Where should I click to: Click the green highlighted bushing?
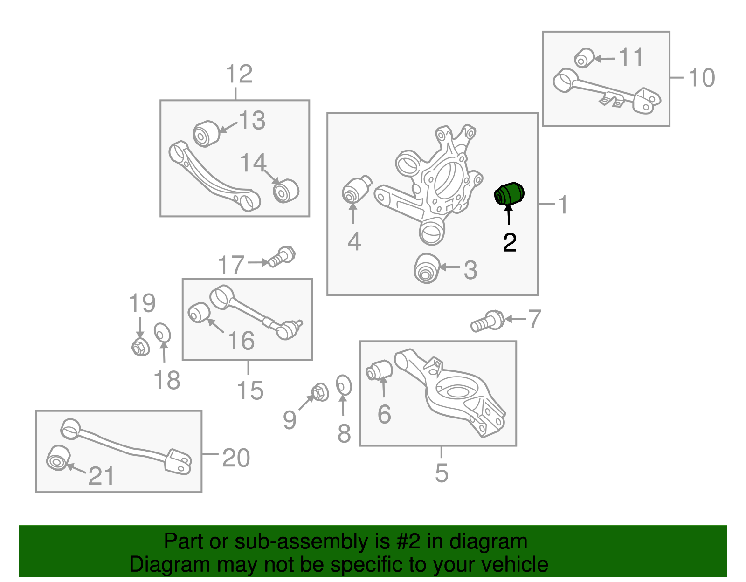click(x=509, y=194)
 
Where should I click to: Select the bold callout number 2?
click(x=510, y=242)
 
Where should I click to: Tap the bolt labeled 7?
click(x=487, y=321)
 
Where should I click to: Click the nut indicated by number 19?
click(x=140, y=347)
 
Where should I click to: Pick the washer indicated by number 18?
click(x=162, y=333)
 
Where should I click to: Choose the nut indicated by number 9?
click(x=320, y=392)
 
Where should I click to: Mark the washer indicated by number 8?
click(x=344, y=385)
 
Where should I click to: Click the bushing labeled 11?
click(x=584, y=58)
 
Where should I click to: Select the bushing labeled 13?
click(x=206, y=134)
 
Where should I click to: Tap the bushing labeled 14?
click(x=286, y=191)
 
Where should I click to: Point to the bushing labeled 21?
click(x=58, y=458)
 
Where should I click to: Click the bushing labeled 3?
click(x=427, y=268)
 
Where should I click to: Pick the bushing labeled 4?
click(x=357, y=190)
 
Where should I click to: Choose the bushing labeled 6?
click(x=379, y=370)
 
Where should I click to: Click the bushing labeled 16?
click(x=199, y=313)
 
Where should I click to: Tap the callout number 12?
click(x=239, y=74)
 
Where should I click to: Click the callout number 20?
click(x=236, y=458)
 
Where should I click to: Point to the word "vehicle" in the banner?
click(x=515, y=564)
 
